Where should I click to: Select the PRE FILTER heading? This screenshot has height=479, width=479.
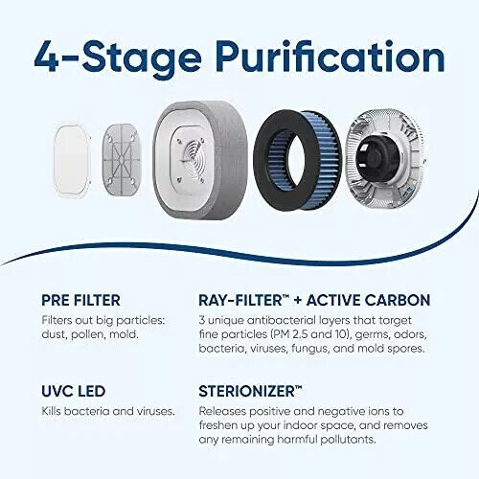pyautogui.click(x=80, y=300)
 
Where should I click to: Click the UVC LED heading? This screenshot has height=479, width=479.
pyautogui.click(x=74, y=391)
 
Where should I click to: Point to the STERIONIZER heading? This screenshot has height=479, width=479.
pyautogui.click(x=250, y=391)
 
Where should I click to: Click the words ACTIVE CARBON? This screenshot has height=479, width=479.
pyautogui.click(x=368, y=300)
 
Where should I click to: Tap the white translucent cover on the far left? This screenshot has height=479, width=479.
pyautogui.click(x=72, y=161)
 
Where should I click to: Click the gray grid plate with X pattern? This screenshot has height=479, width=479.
pyautogui.click(x=121, y=159)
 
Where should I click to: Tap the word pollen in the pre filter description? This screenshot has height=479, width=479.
pyautogui.click(x=87, y=335)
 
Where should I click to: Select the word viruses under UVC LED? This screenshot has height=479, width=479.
pyautogui.click(x=155, y=411)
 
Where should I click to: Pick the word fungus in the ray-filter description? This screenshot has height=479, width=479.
pyautogui.click(x=309, y=349)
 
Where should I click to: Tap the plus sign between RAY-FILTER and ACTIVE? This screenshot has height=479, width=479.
pyautogui.click(x=298, y=301)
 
